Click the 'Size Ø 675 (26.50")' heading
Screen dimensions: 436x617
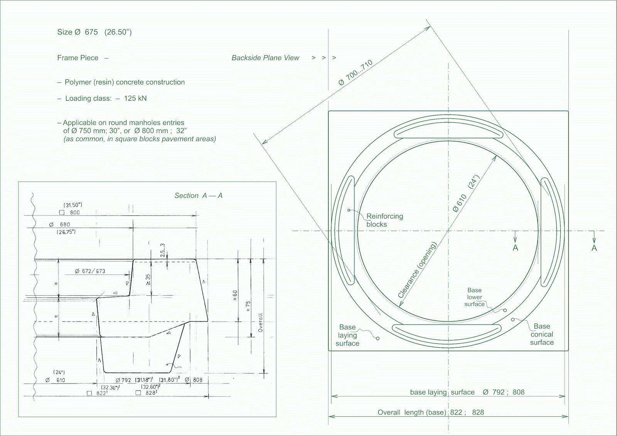[94, 32]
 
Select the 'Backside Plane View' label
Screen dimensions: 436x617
[265, 58]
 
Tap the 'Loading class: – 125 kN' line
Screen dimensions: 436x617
[106, 98]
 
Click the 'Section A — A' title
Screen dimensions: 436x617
[198, 195]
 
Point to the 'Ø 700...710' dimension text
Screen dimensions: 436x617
[356, 72]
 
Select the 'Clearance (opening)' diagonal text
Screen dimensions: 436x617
[417, 270]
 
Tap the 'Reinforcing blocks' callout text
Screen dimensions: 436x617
[384, 220]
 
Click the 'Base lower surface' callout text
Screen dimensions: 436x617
[474, 297]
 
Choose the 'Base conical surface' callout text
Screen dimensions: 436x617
[542, 334]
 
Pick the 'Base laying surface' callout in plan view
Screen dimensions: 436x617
[347, 335]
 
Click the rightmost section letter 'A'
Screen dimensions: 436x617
[594, 248]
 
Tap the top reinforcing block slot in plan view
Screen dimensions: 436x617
[448, 133]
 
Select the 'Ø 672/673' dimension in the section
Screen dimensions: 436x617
[90, 271]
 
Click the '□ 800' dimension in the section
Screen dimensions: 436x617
[70, 212]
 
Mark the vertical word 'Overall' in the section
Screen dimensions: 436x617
[261, 322]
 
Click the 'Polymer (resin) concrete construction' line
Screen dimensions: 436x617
[124, 82]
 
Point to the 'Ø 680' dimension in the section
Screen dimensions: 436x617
[60, 224]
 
